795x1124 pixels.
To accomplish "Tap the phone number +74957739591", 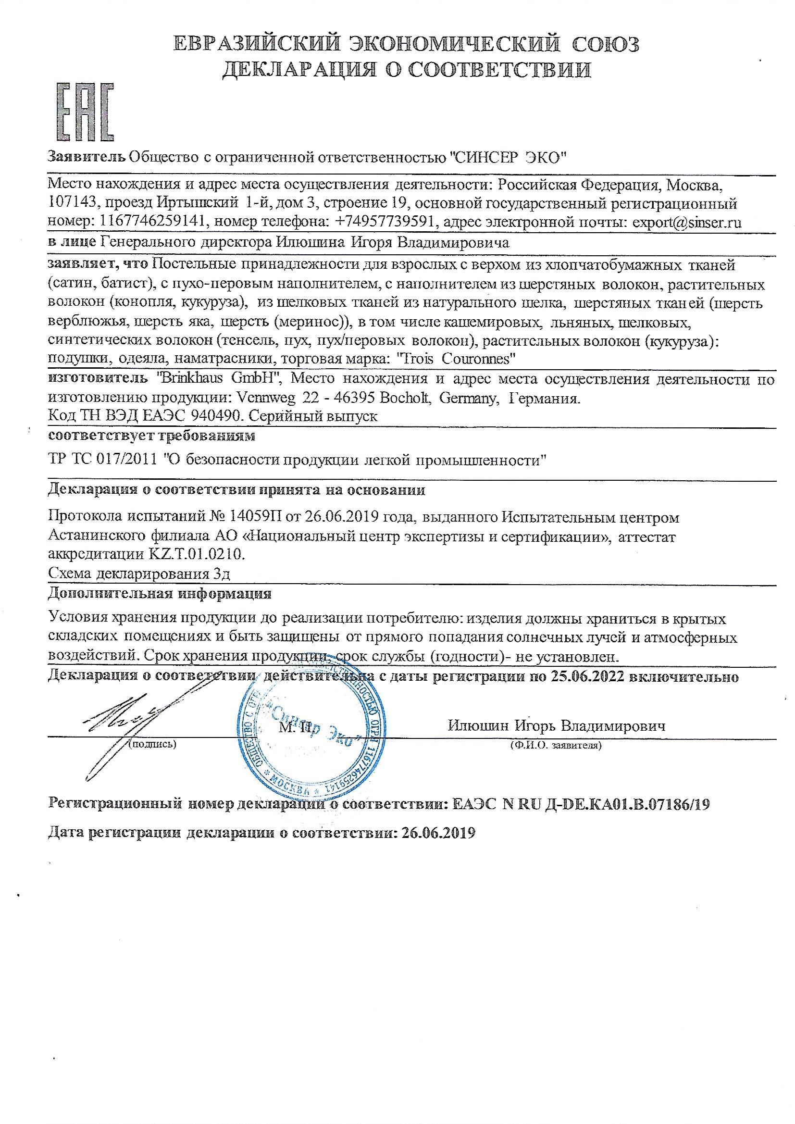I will point(385,223).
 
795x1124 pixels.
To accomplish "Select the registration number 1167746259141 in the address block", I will point(152,223).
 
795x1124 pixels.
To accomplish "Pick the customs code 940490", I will point(216,417).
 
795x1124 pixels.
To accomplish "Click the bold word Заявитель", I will point(86,157).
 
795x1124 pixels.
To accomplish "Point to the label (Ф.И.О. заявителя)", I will point(556,746).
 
